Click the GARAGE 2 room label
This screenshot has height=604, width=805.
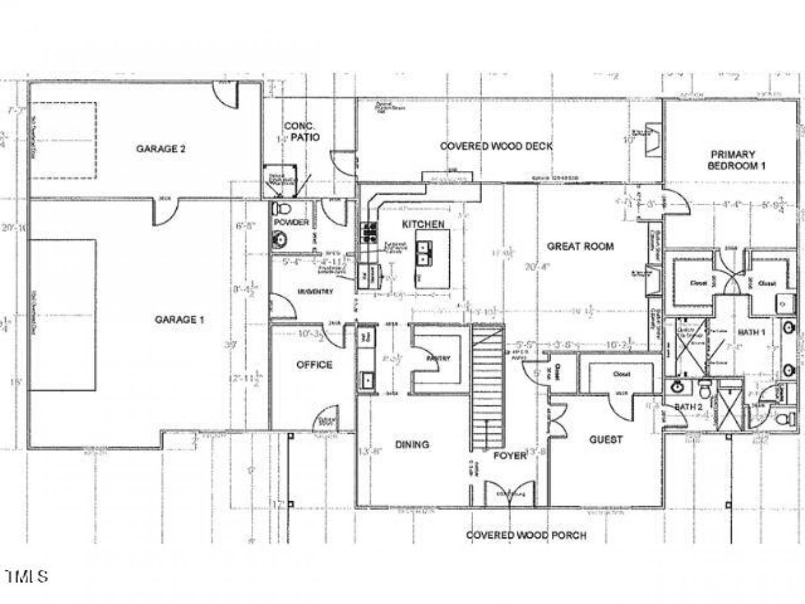(160, 149)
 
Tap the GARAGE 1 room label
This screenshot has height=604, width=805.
(179, 320)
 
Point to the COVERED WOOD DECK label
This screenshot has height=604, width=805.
(496, 146)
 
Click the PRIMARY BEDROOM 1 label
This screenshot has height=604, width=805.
(736, 160)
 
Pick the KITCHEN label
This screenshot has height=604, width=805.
(423, 224)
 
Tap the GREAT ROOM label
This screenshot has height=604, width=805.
(580, 246)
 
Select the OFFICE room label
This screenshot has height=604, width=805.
(314, 365)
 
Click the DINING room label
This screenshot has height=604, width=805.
(412, 444)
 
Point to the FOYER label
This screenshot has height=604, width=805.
(510, 456)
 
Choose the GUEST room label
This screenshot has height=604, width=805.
(606, 439)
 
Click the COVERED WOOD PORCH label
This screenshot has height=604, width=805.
(526, 535)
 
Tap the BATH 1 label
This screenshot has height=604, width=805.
(753, 332)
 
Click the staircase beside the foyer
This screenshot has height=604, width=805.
(488, 388)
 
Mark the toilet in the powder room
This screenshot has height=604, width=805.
(282, 209)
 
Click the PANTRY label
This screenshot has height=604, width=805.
(438, 358)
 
